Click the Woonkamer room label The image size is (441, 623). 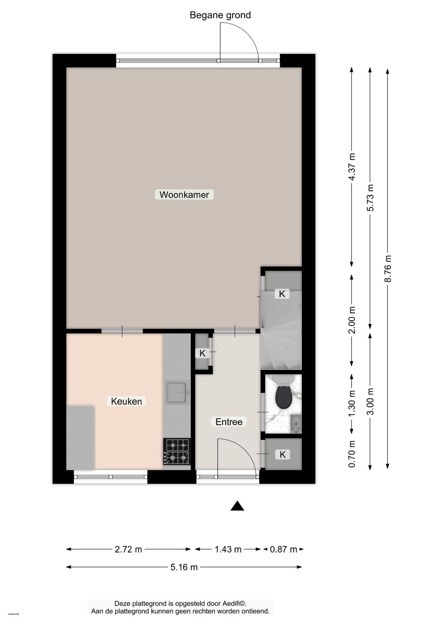(184, 195)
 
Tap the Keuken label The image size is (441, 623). (127, 401)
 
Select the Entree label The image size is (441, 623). (229, 422)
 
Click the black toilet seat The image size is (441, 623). (283, 396)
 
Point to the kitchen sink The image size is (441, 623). (177, 392)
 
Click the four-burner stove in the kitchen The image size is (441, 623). (177, 452)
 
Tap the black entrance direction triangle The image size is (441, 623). (237, 506)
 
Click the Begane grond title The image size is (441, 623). (220, 15)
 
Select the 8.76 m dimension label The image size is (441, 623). (388, 269)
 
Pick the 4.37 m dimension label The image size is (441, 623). (352, 167)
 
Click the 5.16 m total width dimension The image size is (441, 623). (184, 567)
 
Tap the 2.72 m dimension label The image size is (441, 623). (128, 550)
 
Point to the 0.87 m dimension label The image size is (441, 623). (283, 550)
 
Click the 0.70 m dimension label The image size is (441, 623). (352, 454)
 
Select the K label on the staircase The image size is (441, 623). (282, 294)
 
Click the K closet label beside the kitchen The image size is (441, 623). (203, 353)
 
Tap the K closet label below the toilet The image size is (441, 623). (283, 454)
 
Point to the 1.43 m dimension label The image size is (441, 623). (228, 550)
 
